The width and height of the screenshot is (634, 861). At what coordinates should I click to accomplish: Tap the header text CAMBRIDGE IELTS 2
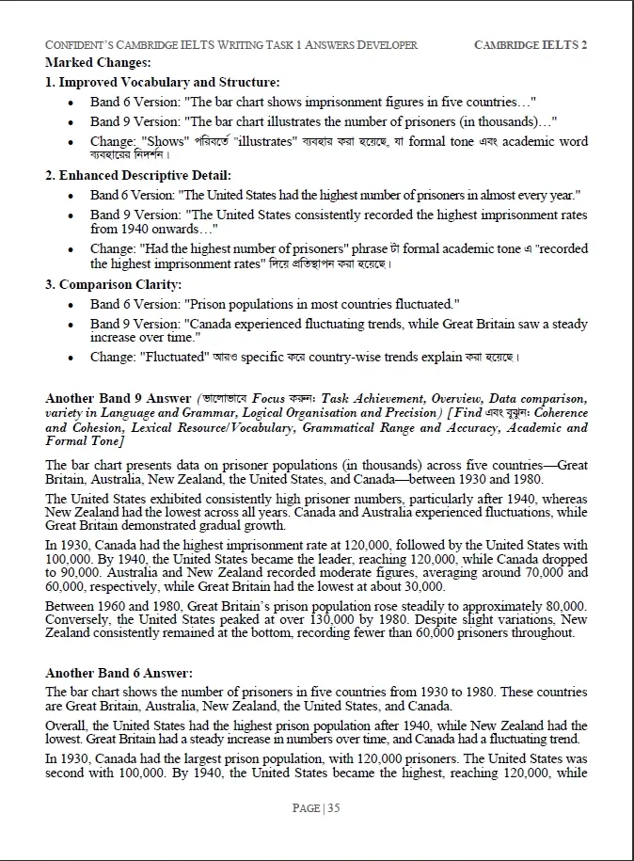pyautogui.click(x=531, y=45)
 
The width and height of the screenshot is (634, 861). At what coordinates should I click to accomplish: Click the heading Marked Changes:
pyautogui.click(x=98, y=62)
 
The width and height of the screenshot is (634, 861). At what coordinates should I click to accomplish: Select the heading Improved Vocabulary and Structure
pyautogui.click(x=168, y=82)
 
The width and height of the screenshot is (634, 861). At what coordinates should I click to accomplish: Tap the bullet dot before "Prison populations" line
pyautogui.click(x=72, y=304)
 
